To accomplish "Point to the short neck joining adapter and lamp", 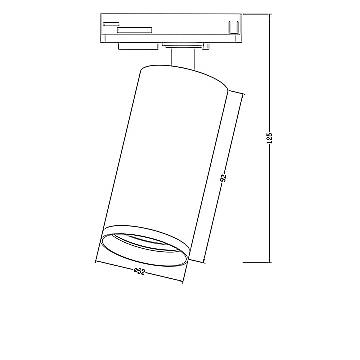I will [x=183, y=59].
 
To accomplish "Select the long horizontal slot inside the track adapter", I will [x=160, y=31].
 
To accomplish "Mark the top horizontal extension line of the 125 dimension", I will [x=250, y=13].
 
